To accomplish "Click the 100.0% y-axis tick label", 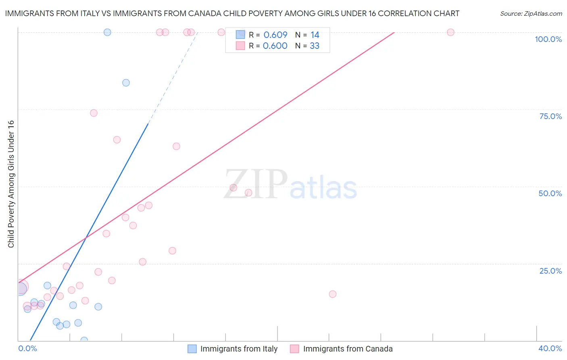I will (x=548, y=39).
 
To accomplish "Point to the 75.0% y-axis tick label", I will (x=550, y=116).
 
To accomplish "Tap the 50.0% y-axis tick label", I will (x=550, y=193).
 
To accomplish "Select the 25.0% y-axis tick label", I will (x=550, y=271).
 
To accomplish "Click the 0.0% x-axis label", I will (x=27, y=348).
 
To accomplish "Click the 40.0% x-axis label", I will (x=550, y=348).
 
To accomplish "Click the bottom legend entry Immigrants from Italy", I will (x=239, y=349).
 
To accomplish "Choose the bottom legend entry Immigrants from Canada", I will (x=348, y=349).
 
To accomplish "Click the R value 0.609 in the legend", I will (x=275, y=35).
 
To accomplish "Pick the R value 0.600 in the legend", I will (x=275, y=46).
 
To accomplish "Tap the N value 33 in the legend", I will (x=315, y=46).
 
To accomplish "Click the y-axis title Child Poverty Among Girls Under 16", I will (x=11, y=184).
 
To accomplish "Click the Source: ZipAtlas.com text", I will (x=531, y=14).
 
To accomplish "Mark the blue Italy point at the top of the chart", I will (x=107, y=32).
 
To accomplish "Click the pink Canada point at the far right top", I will (x=450, y=32).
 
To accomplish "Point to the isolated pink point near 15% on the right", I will (x=333, y=294).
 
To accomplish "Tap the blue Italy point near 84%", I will (x=126, y=83).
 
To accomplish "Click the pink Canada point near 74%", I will (x=94, y=113).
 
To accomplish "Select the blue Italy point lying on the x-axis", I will (x=84, y=340).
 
